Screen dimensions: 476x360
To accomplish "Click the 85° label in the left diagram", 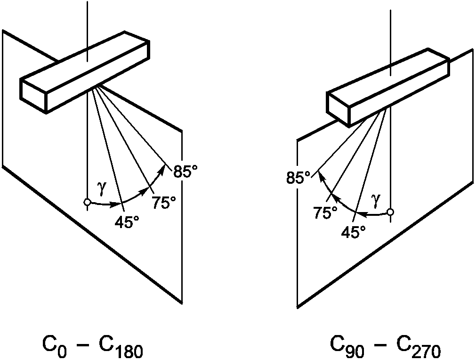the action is coord(185,172).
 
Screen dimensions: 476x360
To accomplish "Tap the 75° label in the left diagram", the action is coord(164,203).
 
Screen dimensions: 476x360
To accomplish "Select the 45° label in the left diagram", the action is coord(127,223).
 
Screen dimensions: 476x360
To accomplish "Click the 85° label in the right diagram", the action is coord(299,178).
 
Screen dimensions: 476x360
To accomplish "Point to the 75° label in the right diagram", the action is coord(326,213).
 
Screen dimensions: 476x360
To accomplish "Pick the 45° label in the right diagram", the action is coord(354,232).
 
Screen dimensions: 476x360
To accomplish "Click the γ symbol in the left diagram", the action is coord(102,185).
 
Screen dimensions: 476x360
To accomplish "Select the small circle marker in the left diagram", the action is coord(88,202).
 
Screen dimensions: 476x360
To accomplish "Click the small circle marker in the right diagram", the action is coord(391,212).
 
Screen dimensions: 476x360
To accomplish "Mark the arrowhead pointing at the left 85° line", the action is coord(161,170).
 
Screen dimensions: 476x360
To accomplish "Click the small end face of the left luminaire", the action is coord(33,96).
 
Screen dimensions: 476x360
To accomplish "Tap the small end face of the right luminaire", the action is coord(338,108).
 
